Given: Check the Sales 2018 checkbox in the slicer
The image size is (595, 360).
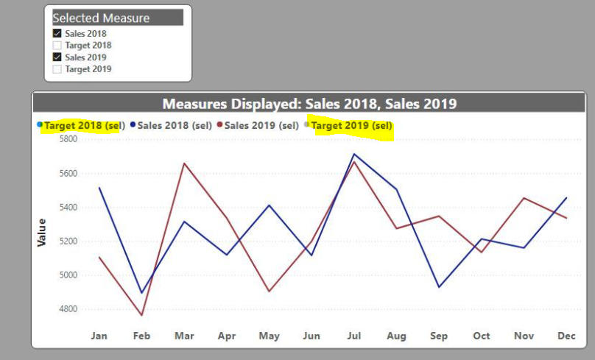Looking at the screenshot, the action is click(57, 33).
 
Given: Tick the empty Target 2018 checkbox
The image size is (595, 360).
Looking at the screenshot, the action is click(57, 46).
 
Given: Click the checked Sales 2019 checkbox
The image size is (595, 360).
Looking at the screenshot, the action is click(57, 57).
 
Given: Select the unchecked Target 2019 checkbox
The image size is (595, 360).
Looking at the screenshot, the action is click(57, 69).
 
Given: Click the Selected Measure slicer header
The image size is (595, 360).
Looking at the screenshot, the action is click(118, 18).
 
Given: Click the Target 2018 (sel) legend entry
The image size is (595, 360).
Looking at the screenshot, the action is click(81, 126).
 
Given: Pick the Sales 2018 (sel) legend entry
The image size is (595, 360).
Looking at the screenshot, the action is click(171, 126).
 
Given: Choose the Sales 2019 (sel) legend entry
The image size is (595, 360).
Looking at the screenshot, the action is click(258, 126).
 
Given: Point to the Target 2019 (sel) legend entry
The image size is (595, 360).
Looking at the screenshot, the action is click(348, 126).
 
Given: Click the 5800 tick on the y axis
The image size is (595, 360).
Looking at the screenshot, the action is click(68, 139).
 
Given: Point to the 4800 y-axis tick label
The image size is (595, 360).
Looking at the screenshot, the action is click(68, 308).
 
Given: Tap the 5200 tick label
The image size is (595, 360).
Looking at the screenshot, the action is click(68, 241).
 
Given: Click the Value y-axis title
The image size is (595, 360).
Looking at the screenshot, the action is click(41, 233).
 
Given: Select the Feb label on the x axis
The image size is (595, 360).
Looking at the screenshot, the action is click(141, 336).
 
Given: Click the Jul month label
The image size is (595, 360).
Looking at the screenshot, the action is click(354, 336).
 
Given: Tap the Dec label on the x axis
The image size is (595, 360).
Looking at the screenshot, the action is click(566, 336).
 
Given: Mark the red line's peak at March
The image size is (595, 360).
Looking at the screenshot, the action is click(184, 163).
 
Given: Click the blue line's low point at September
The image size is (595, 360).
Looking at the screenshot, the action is click(439, 287).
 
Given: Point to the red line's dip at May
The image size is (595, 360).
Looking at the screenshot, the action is click(269, 291).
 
